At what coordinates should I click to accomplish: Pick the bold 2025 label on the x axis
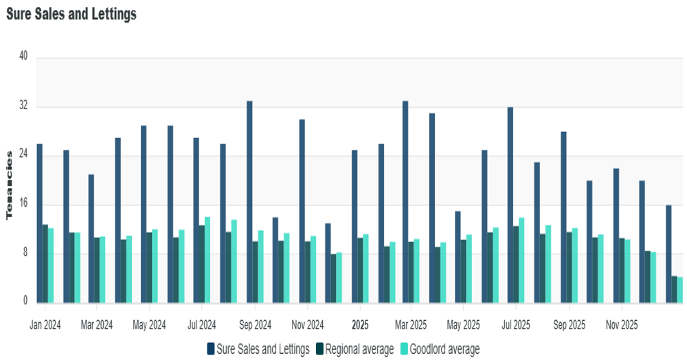click(361, 324)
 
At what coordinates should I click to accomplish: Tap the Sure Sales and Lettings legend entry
click(258, 349)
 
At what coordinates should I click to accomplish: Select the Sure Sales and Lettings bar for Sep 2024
click(249, 201)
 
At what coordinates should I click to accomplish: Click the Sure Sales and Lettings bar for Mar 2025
click(405, 201)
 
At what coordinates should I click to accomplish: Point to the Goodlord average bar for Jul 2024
click(207, 260)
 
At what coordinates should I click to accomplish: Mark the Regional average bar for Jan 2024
click(45, 263)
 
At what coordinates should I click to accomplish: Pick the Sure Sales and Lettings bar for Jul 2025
click(510, 205)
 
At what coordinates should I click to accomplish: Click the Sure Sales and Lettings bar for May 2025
click(458, 257)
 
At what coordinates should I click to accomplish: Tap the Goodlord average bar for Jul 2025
click(521, 260)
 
